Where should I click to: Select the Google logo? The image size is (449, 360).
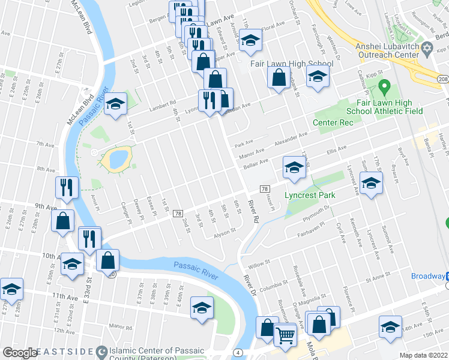click(19, 353)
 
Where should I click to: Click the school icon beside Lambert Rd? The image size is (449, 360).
click(115, 104)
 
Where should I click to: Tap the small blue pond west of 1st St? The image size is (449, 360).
click(115, 158)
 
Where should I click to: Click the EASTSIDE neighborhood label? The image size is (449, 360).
click(67, 352)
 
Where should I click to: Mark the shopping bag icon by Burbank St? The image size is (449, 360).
click(279, 78)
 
